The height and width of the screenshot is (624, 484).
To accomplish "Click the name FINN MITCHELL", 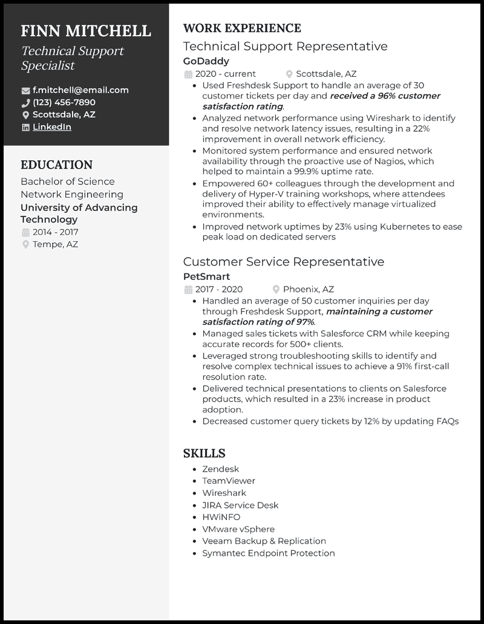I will tap(85, 31).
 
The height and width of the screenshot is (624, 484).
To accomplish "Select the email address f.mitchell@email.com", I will tap(80, 90).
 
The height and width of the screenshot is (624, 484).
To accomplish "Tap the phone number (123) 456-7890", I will tap(64, 102).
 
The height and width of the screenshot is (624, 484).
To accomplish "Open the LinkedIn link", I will tap(51, 127).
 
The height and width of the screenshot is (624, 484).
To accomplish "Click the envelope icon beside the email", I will tap(25, 91).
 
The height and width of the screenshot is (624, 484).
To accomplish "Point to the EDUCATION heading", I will tap(56, 165).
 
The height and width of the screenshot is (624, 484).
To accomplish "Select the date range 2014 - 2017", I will tap(55, 232).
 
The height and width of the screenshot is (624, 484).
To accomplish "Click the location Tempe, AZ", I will tap(55, 244).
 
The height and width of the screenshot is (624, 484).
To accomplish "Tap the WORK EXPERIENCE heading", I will tap(241, 28).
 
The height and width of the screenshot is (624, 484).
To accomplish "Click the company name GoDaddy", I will tap(206, 61).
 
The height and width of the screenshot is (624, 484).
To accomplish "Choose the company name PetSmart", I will tap(206, 276).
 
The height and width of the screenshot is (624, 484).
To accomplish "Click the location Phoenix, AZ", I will tap(308, 289).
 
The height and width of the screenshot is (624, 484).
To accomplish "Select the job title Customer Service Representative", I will tap(283, 262).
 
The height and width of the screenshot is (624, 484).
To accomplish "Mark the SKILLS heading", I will tap(204, 453).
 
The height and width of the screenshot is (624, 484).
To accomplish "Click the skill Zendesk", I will tap(220, 469).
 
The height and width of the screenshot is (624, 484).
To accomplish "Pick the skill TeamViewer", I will tap(229, 481).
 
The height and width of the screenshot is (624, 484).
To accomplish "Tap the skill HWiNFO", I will tap(221, 517).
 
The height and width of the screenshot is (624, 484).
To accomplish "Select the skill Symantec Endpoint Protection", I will tap(268, 553).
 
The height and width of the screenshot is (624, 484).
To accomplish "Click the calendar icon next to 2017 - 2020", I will tap(188, 290).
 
